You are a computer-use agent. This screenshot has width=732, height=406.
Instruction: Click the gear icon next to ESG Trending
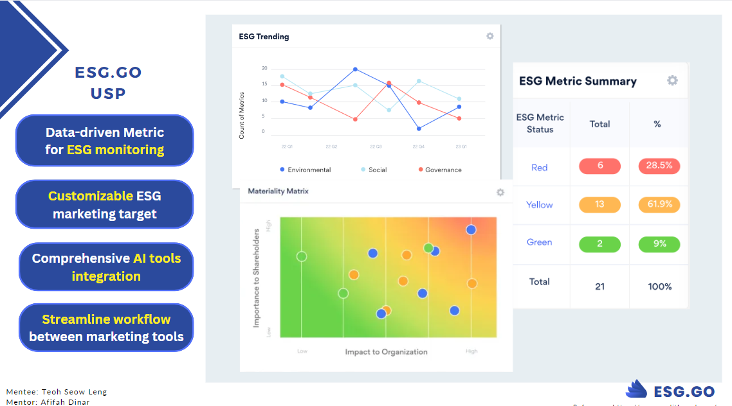pyautogui.click(x=490, y=37)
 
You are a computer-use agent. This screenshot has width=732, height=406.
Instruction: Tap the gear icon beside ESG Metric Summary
pyautogui.click(x=672, y=80)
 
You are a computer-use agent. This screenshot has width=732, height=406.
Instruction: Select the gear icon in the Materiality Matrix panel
pyautogui.click(x=500, y=192)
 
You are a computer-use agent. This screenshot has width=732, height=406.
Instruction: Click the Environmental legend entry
pyautogui.click(x=306, y=170)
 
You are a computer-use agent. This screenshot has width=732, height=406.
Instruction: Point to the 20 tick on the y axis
pyautogui.click(x=264, y=68)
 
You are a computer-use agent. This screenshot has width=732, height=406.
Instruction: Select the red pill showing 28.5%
pyautogui.click(x=659, y=166)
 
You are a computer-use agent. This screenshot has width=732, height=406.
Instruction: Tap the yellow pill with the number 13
pyautogui.click(x=599, y=204)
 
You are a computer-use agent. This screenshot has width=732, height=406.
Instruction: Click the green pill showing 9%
pyautogui.click(x=659, y=244)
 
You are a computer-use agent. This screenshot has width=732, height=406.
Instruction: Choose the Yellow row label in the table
pyautogui.click(x=539, y=205)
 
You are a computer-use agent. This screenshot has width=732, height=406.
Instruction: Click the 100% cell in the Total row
pyautogui.click(x=659, y=287)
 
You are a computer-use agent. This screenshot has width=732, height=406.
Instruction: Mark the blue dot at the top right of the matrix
pyautogui.click(x=471, y=229)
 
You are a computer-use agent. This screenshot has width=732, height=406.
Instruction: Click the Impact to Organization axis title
pyautogui.click(x=386, y=351)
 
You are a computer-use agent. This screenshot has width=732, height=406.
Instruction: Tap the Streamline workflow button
pyautogui.click(x=106, y=328)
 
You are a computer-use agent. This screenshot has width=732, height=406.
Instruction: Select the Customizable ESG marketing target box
pyautogui.click(x=105, y=204)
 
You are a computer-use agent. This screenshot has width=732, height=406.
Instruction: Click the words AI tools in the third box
pyautogui.click(x=157, y=258)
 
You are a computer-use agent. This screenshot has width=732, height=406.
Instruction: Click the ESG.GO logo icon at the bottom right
pyautogui.click(x=636, y=389)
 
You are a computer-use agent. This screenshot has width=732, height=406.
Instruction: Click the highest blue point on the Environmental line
pyautogui.click(x=355, y=69)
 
